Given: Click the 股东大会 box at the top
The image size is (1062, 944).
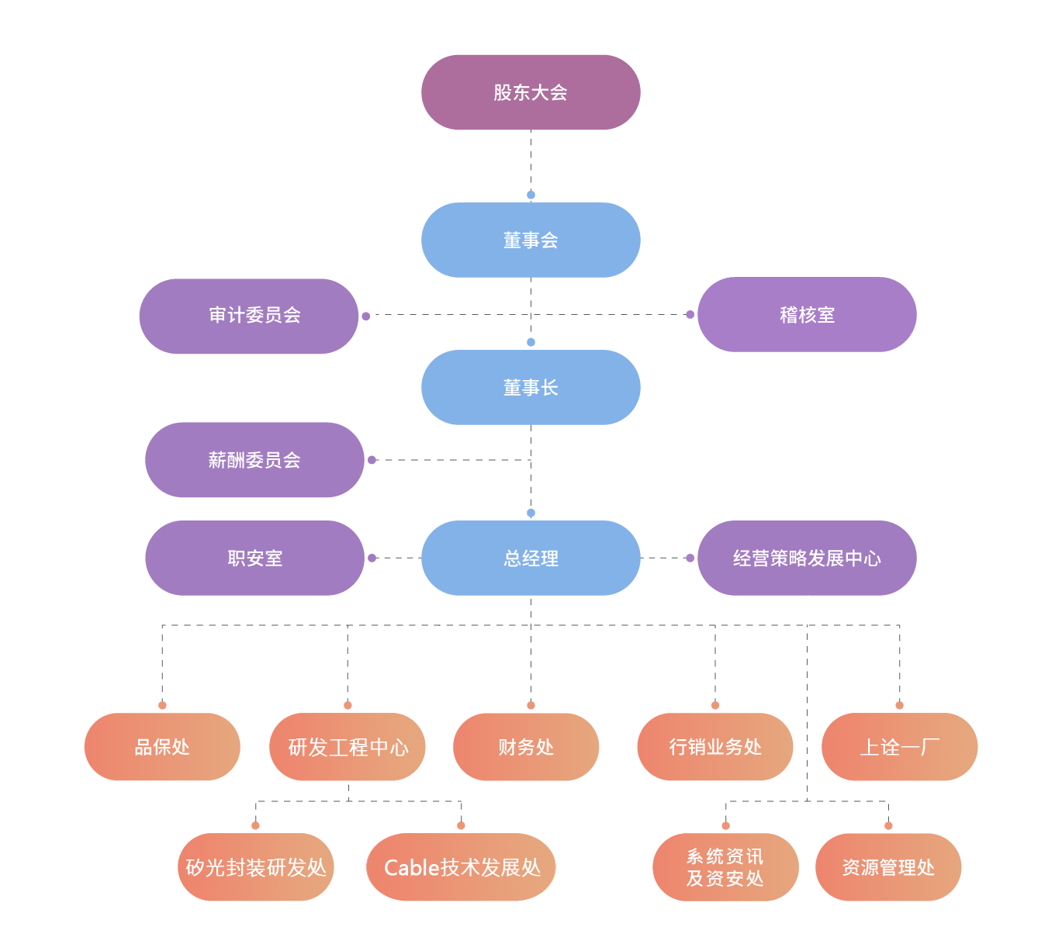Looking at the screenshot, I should click(531, 92).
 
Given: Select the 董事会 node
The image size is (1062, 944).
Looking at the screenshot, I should click(531, 240).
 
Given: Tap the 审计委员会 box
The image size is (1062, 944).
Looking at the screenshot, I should click(249, 316).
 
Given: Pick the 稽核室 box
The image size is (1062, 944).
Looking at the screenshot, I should click(807, 315).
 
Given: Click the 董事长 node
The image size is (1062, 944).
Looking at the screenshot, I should click(531, 388).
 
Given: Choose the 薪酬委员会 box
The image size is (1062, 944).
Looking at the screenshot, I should click(254, 460).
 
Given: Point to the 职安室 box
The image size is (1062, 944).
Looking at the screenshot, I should click(254, 558).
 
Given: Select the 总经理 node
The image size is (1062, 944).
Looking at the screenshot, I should click(531, 558).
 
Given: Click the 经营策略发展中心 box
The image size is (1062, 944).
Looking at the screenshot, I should click(807, 558).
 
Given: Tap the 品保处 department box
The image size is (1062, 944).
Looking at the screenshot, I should click(162, 747).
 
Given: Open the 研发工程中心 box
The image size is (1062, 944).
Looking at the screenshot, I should click(348, 747).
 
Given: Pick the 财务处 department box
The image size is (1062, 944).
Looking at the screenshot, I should click(526, 747).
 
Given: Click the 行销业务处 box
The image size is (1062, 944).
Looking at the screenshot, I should click(715, 747).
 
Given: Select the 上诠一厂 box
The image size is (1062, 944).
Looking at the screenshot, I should click(899, 747).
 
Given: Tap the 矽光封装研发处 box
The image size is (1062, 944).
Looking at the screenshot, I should click(256, 867).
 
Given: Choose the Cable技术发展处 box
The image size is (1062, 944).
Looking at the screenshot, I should click(462, 867).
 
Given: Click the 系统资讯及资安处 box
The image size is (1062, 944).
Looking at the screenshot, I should click(725, 867).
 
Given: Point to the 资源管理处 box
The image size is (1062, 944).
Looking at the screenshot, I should click(888, 867).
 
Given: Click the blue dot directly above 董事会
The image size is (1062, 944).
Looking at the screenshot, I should click(531, 195).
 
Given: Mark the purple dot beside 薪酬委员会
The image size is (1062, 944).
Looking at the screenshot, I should click(372, 460).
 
